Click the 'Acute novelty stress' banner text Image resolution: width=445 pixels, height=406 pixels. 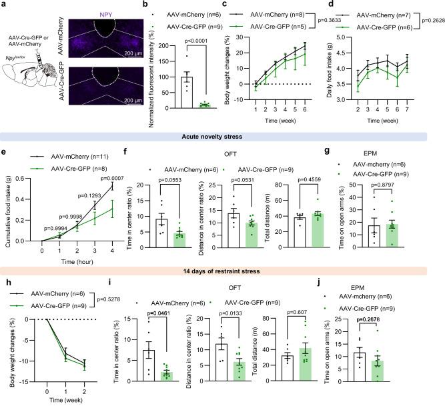pyautogui.click(x=222, y=136)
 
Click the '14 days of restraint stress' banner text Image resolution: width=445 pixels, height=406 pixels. pyautogui.click(x=222, y=271)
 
